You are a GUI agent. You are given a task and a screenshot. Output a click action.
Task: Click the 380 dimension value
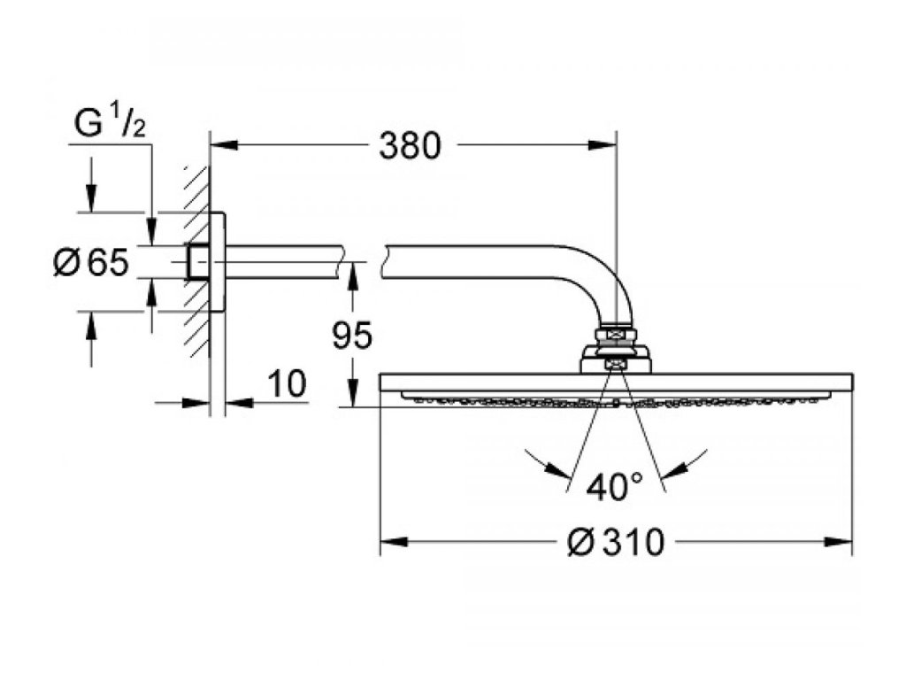click(409, 146)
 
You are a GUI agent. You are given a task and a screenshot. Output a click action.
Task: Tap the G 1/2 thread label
click(109, 125)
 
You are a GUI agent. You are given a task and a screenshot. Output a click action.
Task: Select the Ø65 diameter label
click(91, 262)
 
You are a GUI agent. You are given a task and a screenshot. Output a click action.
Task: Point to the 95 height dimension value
click(352, 335)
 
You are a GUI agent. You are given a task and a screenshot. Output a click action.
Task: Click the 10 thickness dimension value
click(286, 384)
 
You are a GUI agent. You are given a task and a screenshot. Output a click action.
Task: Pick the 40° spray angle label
click(614, 487)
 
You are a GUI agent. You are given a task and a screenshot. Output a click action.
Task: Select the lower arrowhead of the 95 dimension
click(352, 396)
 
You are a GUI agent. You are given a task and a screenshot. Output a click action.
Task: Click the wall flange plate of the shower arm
click(218, 263)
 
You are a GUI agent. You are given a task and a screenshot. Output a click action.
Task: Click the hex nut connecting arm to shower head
click(616, 334)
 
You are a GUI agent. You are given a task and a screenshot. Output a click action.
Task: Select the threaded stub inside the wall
click(198, 263)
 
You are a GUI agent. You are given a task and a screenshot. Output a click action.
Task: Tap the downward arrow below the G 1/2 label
click(90, 200)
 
